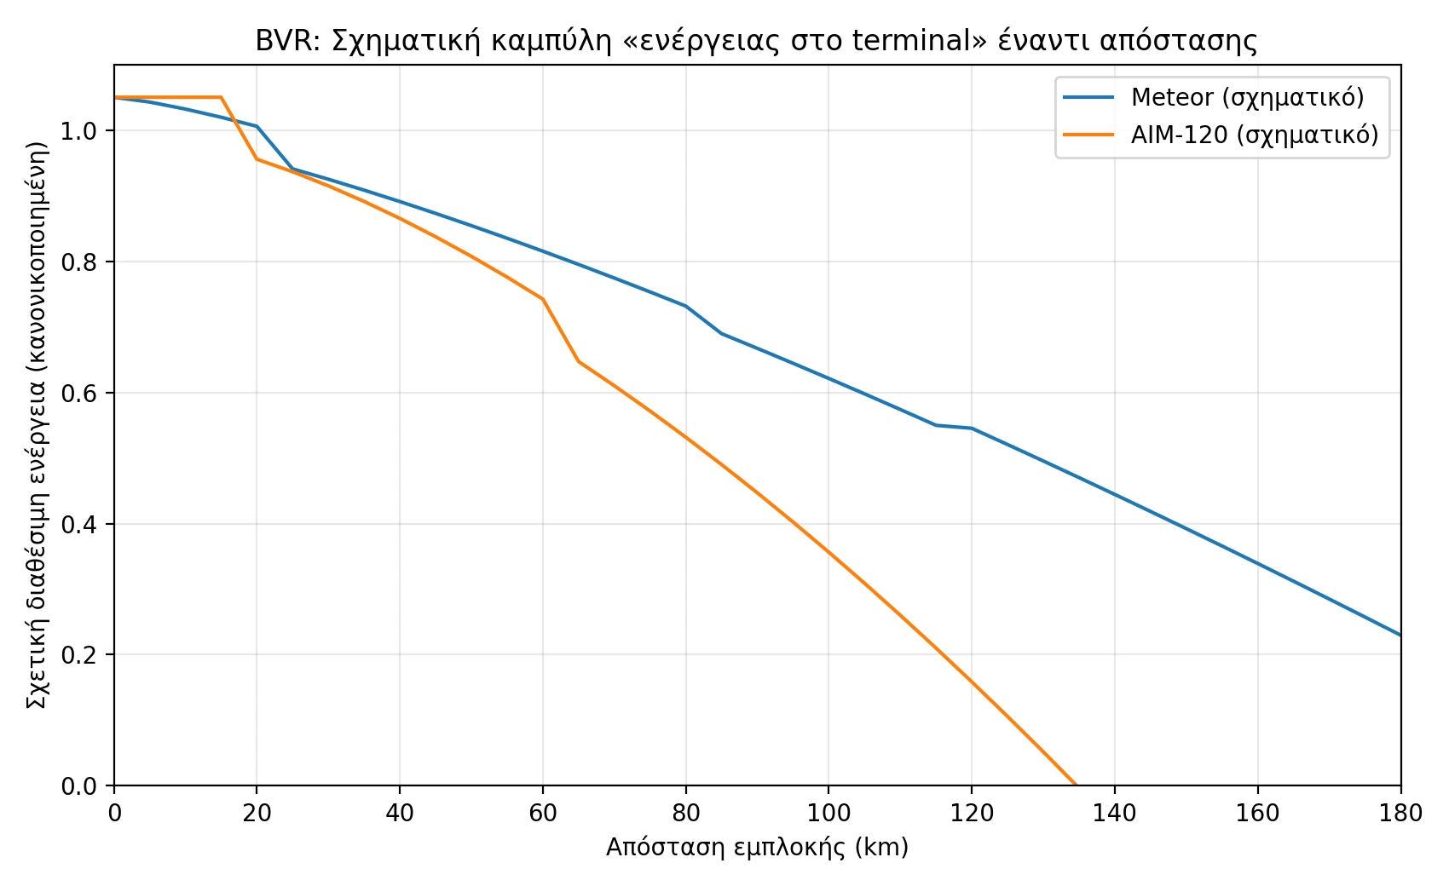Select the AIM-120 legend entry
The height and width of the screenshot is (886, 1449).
coord(1254,135)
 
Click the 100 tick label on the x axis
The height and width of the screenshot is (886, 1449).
coord(828,814)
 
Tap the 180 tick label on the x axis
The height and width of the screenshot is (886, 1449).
coord(1400,814)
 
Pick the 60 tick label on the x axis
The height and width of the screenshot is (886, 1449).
coord(543,814)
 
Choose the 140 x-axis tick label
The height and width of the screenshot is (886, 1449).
coord(1115,814)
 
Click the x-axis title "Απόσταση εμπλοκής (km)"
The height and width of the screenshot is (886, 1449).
coord(757,847)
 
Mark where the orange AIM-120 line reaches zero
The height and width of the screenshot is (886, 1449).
coord(1076,785)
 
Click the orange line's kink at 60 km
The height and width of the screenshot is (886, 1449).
coord(543,299)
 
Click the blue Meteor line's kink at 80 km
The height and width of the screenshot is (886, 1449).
coord(686,306)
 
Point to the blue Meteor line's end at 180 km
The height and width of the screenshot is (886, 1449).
coord(1400,635)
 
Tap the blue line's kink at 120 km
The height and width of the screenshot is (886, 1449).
coord(972,428)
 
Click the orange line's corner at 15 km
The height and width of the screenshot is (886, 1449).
coord(222,97)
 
